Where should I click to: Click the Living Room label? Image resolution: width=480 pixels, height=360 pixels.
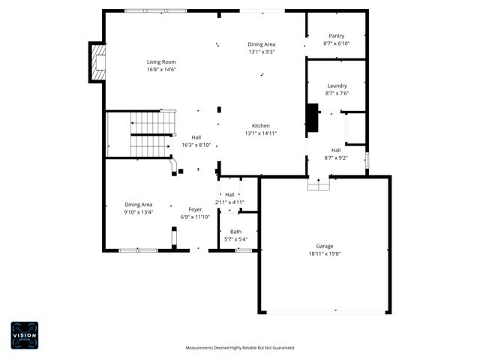[x=160, y=61]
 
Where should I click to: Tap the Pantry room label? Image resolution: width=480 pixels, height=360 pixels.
[x=336, y=36]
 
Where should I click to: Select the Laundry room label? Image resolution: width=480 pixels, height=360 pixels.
[x=337, y=85]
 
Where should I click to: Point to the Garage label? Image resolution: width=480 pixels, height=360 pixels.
[x=324, y=246]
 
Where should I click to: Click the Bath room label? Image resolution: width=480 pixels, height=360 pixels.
[x=235, y=232]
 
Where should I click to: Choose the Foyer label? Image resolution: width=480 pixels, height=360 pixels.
[x=195, y=209]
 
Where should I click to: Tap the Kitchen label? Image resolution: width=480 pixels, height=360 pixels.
[x=260, y=125]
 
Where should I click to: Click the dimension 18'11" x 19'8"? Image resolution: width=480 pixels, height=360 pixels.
[x=324, y=253]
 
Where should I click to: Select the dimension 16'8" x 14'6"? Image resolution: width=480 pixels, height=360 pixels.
[x=160, y=70]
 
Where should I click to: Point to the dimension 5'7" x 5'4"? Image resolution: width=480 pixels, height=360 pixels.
[x=235, y=240]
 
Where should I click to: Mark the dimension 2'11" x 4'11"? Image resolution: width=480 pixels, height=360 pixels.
[x=229, y=202]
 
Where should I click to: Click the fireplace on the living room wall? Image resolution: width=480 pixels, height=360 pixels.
[x=96, y=62]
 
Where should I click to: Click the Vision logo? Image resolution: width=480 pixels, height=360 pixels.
[x=24, y=334]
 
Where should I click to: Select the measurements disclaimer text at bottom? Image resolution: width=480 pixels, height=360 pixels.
[x=240, y=348]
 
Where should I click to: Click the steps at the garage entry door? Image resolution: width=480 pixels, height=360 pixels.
[x=318, y=184]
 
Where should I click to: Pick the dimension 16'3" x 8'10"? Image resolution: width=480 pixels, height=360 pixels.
[x=196, y=145]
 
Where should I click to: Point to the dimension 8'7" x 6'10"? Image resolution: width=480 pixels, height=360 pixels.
[x=336, y=44]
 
